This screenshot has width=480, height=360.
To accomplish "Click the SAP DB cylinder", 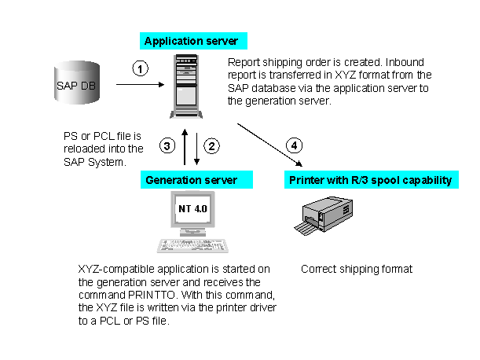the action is [x=77, y=83].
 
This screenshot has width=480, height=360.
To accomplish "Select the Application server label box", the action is [x=193, y=41].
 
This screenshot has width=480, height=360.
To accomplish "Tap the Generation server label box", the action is [x=196, y=179].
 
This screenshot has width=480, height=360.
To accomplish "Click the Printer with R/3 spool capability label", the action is [x=372, y=179].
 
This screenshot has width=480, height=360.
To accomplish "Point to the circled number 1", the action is [x=140, y=68].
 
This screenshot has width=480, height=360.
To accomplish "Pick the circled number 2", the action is [x=211, y=146].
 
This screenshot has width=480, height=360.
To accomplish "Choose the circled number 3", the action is [x=167, y=146].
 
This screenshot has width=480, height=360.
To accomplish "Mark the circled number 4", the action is [x=294, y=145].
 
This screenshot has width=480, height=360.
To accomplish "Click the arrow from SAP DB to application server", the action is [x=140, y=84].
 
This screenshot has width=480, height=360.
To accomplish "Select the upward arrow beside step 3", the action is [x=185, y=147].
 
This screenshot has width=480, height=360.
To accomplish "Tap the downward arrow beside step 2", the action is [x=197, y=149].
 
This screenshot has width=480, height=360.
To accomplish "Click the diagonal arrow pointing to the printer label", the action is [x=270, y=145].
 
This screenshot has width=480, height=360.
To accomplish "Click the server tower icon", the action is [x=186, y=86].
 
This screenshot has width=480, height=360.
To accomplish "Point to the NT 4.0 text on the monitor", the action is [x=192, y=208].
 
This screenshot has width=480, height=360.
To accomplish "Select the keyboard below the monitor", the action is [x=192, y=246].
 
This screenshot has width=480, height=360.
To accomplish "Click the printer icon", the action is [x=323, y=215].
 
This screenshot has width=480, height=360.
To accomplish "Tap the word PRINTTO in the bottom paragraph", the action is [x=152, y=295].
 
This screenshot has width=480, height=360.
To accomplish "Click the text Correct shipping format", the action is [x=357, y=269].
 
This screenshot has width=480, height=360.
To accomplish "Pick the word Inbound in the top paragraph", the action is [x=405, y=62].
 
